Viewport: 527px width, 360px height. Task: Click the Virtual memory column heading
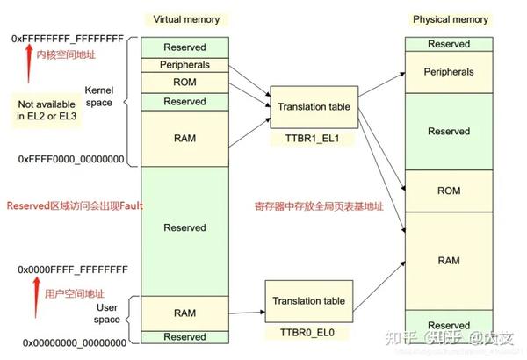click(186, 18)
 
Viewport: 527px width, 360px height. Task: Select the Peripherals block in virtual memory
click(184, 66)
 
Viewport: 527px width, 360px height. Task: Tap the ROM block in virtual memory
click(184, 83)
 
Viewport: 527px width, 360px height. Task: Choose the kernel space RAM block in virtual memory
click(184, 138)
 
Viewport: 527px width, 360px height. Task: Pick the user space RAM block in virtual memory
click(184, 313)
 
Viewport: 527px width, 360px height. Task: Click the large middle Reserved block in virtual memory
click(184, 227)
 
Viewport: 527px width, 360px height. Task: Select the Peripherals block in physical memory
click(449, 72)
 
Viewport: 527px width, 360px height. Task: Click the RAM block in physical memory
click(449, 261)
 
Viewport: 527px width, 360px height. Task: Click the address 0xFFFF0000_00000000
click(70, 159)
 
